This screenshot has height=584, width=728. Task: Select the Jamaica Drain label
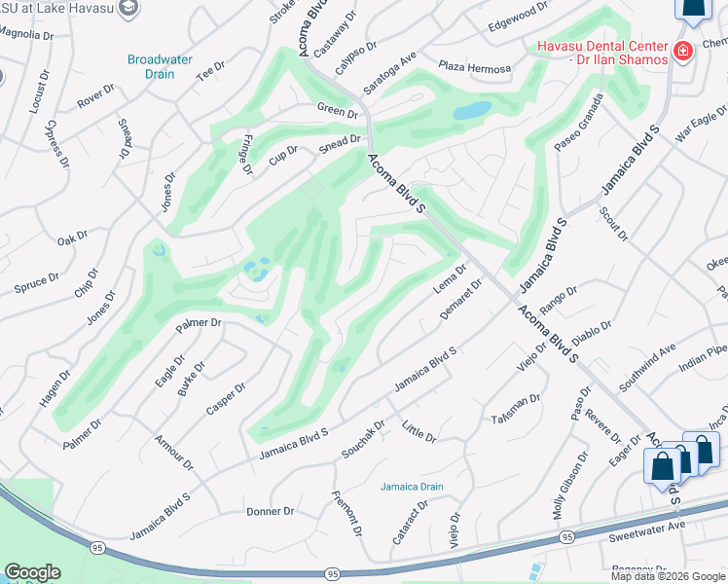pyautogui.click(x=412, y=487)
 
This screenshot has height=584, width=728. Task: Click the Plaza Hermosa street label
pyautogui.click(x=474, y=68)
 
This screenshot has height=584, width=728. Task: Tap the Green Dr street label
pyautogui.click(x=338, y=112)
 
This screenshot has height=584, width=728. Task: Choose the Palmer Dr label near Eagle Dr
pyautogui.click(x=199, y=324)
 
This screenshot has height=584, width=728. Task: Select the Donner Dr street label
pyautogui.click(x=270, y=511)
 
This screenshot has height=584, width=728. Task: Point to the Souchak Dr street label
pyautogui.click(x=363, y=439)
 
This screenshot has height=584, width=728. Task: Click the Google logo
pyautogui.click(x=32, y=572)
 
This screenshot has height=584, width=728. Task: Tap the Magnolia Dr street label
pyautogui.click(x=23, y=33)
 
